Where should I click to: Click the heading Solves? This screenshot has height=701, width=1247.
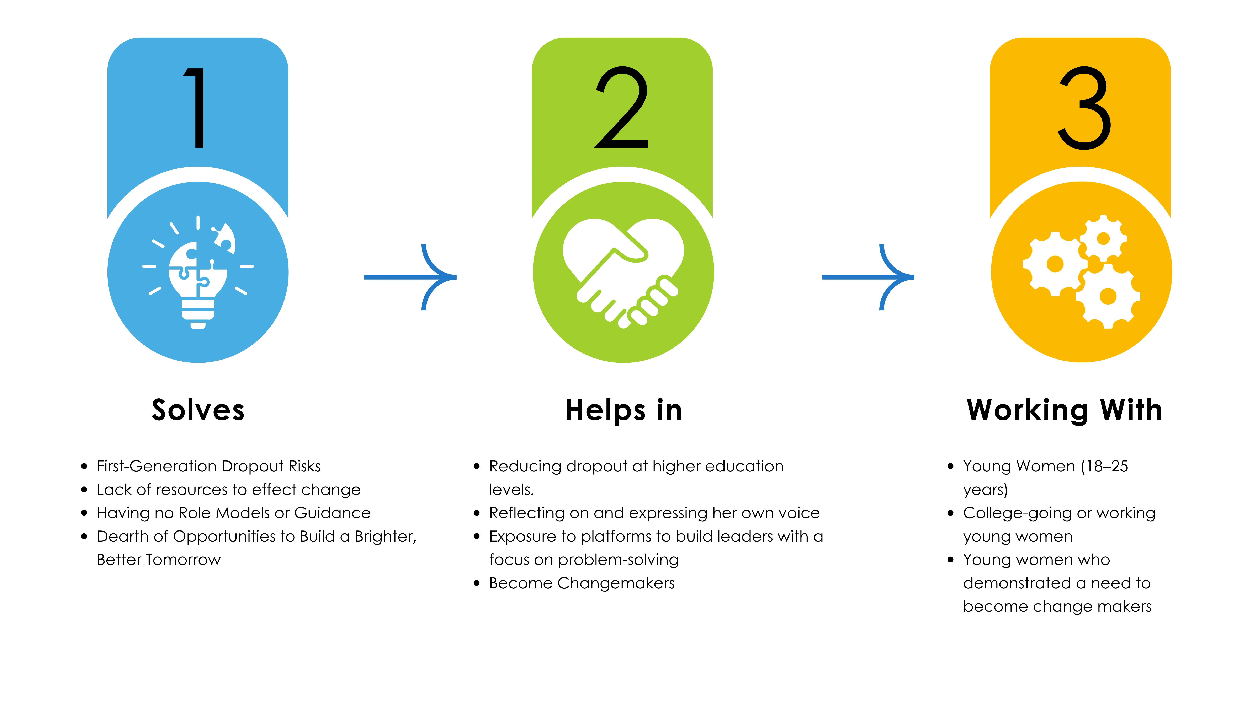(198, 410)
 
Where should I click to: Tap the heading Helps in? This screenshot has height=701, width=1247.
(623, 410)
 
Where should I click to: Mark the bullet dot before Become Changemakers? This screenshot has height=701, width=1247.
(477, 583)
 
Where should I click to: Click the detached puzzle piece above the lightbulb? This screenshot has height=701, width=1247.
(225, 237)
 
